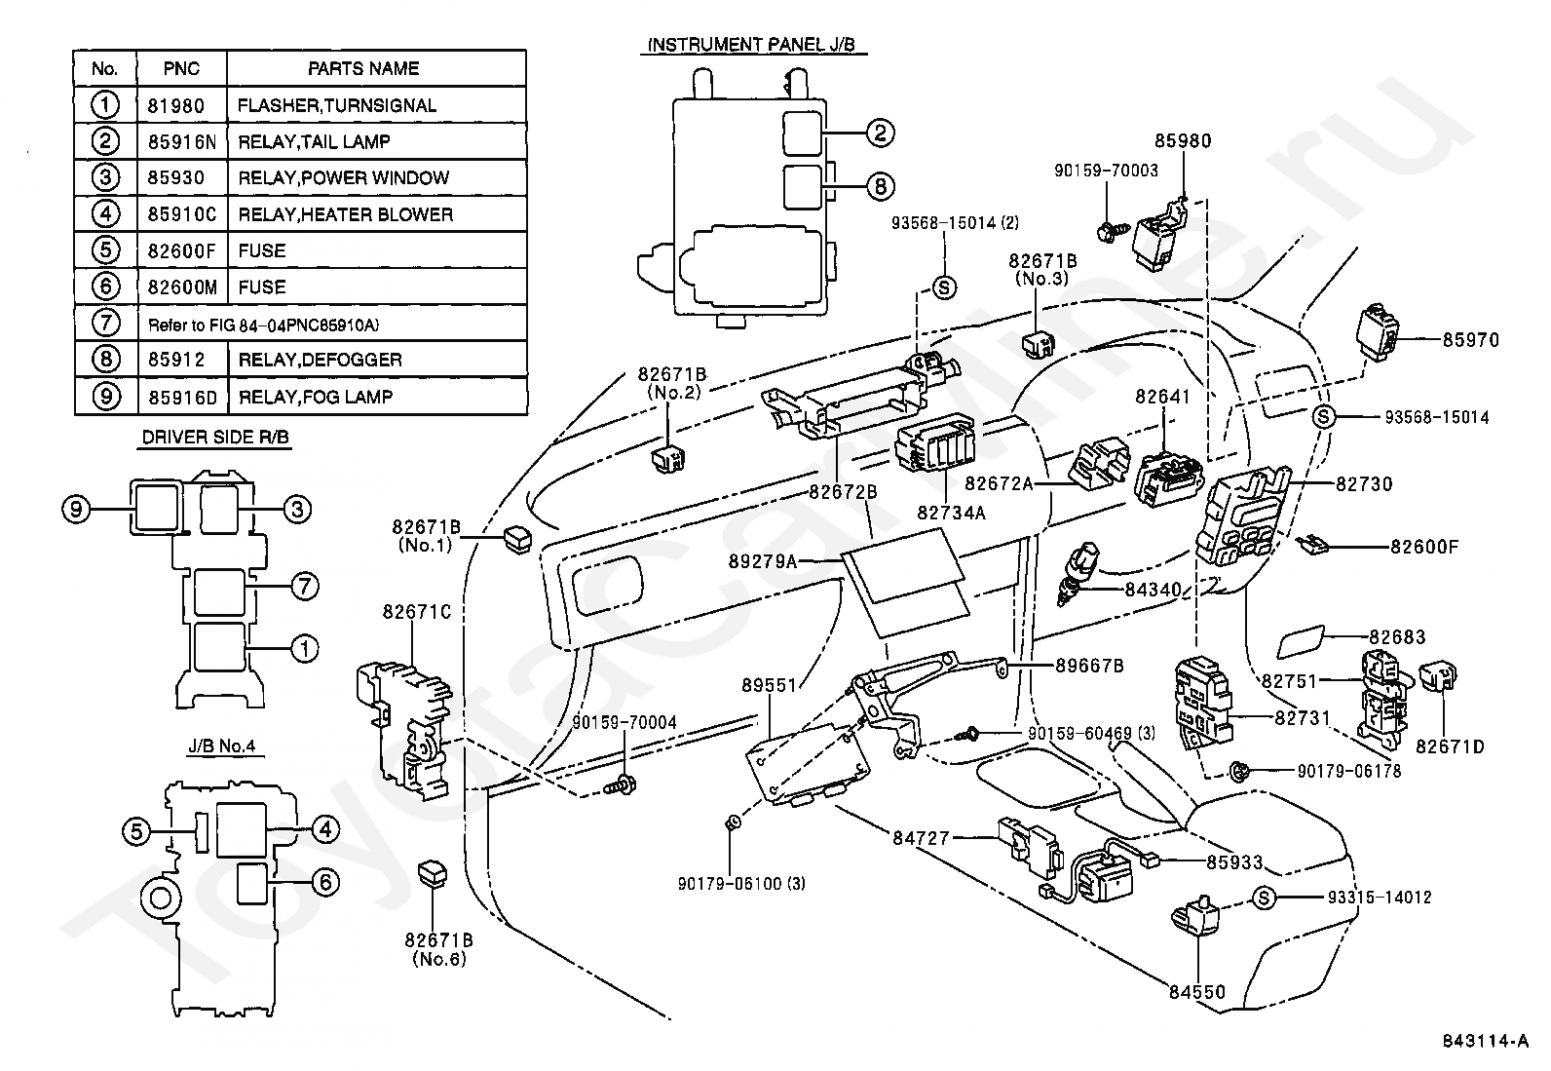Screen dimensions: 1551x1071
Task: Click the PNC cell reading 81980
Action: tap(176, 106)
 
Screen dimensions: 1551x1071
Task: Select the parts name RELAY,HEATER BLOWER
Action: tap(346, 214)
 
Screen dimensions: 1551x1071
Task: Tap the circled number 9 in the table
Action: tap(106, 397)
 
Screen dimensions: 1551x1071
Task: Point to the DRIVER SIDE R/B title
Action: tap(215, 438)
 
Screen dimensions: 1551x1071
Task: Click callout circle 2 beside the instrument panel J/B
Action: tap(880, 133)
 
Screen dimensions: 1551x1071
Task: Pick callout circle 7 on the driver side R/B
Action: tap(305, 586)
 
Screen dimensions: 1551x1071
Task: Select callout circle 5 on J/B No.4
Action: tap(136, 831)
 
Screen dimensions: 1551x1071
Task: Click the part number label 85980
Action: tap(1183, 141)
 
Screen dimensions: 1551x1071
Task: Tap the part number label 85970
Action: tap(1471, 340)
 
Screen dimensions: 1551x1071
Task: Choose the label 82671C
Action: tap(417, 612)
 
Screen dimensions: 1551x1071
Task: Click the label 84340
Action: tap(1153, 590)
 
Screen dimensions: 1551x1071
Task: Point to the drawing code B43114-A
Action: tap(1485, 1041)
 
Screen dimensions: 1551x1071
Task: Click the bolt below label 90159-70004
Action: tap(622, 784)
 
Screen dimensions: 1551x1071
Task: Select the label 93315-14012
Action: tap(1380, 898)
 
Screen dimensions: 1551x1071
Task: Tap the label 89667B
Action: tap(1089, 666)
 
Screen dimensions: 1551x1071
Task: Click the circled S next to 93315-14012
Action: tap(1265, 899)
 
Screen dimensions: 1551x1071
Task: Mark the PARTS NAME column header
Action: tap(363, 68)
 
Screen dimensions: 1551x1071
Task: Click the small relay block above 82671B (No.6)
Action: tap(434, 873)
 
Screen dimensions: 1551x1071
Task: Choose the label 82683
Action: tap(1397, 637)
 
